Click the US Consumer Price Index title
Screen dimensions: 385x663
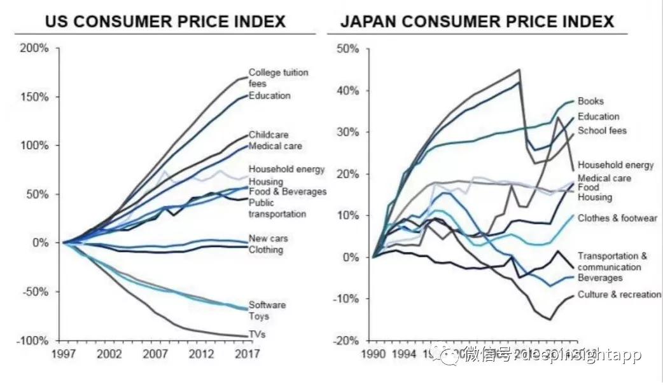pos(165,21)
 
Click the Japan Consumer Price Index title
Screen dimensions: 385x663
pos(477,21)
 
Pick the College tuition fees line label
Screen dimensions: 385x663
pos(278,78)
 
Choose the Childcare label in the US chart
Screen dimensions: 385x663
pos(269,135)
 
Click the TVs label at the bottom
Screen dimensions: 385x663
pos(258,334)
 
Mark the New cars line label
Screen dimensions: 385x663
pos(268,238)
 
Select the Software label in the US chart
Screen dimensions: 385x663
pos(267,305)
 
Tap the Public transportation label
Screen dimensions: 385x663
pos(277,208)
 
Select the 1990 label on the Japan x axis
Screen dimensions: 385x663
pos(373,353)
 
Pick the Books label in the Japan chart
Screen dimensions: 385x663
pos(590,101)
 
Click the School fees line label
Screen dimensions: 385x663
pos(602,131)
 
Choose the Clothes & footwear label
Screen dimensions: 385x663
pos(617,219)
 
